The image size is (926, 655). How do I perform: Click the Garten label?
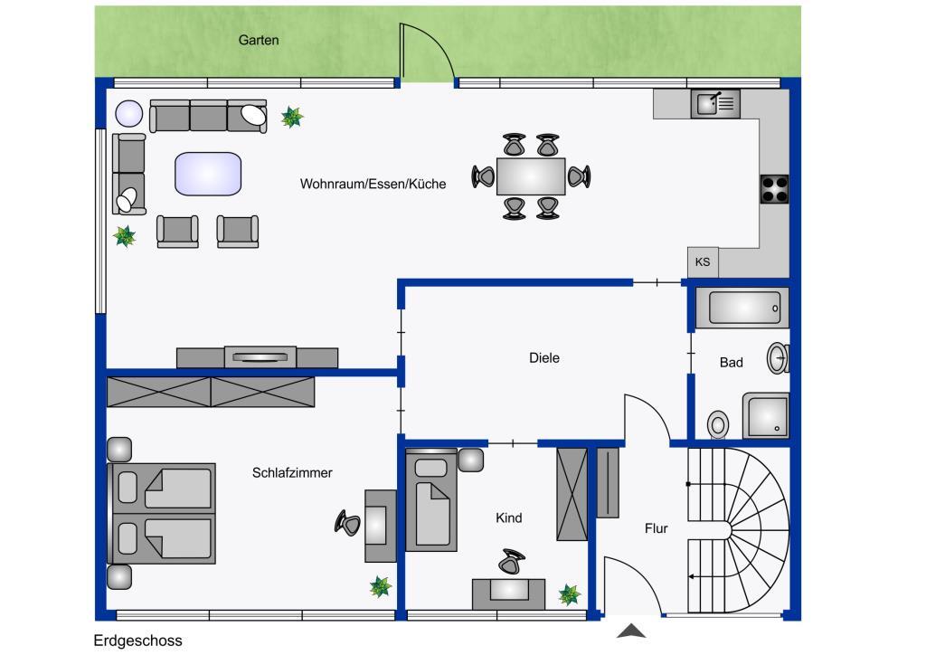259,40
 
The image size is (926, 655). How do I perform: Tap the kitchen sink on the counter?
715,104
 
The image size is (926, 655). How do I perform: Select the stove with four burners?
774,189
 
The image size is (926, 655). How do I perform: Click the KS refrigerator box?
703,262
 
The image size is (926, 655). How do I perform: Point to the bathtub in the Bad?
743,308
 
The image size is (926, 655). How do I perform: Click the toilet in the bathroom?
719,422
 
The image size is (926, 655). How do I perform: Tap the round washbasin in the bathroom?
779,358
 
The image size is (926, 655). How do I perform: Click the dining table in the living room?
531,176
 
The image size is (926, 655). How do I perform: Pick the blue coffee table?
208,173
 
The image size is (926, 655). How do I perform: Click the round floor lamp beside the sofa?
129,113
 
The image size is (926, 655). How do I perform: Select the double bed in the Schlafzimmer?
163,514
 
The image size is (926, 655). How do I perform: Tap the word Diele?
544,358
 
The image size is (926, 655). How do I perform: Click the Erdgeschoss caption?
137,641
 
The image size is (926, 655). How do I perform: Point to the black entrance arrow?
631,631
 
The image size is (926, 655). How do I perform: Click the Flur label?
657,528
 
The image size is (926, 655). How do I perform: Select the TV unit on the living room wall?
258,357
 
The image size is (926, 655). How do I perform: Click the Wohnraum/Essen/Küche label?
373,184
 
